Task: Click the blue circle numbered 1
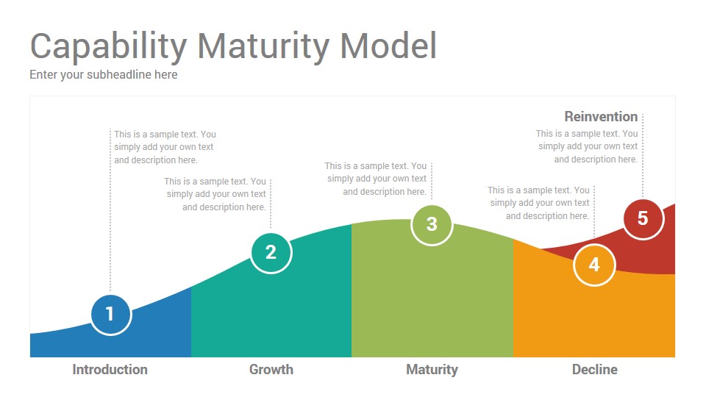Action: (x=110, y=314)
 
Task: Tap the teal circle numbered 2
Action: (x=271, y=252)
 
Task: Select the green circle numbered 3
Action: (x=432, y=225)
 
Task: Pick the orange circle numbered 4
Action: (x=594, y=265)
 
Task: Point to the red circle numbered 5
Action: (x=643, y=219)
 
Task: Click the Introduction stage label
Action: (x=110, y=370)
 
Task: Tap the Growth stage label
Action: (x=271, y=370)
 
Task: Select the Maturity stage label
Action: (x=432, y=370)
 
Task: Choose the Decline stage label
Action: (x=594, y=370)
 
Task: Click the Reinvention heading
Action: (x=601, y=117)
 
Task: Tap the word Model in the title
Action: (x=388, y=46)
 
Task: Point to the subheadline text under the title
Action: (x=104, y=75)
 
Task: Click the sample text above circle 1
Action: (x=165, y=147)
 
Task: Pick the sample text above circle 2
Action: (x=215, y=194)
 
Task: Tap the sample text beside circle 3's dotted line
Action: (x=376, y=179)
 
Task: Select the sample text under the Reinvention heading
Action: (x=587, y=146)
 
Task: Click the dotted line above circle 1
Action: (x=110, y=211)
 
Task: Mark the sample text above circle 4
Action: (x=538, y=203)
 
